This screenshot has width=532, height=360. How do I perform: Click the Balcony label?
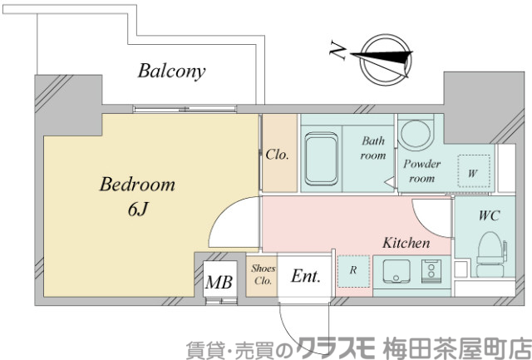(x=171, y=71)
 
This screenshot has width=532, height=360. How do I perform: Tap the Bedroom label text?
(x=137, y=185)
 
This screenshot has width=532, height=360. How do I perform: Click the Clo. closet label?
(x=278, y=154)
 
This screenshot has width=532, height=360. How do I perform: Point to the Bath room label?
(x=373, y=148)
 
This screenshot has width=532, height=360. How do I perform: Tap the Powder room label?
(x=421, y=170)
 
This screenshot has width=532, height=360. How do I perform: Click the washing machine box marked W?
(x=472, y=173)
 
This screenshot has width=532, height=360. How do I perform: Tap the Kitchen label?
(x=406, y=244)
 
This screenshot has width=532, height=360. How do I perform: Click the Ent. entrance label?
(x=305, y=276)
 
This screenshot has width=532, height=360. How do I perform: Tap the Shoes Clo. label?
(x=264, y=274)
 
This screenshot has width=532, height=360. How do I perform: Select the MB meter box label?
(x=219, y=283)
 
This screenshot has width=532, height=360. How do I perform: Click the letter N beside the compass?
(x=337, y=52)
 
